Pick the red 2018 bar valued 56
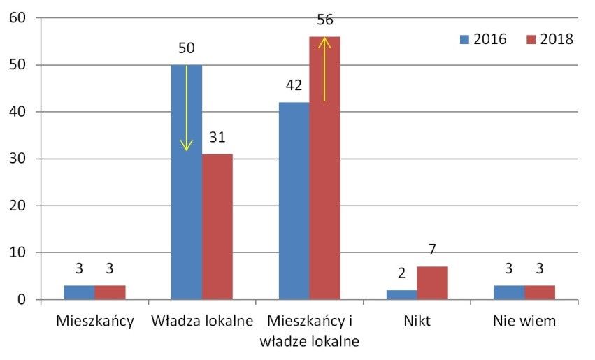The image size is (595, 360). click(x=325, y=168)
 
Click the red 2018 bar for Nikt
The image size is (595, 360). click(x=432, y=283)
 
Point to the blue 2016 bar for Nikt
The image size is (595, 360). click(x=401, y=295)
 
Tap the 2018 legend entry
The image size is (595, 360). click(x=550, y=39)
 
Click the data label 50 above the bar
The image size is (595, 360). click(x=187, y=49)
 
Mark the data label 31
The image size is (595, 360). click(x=217, y=138)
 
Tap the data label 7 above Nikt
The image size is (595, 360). click(x=432, y=250)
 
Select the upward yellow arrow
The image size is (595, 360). click(x=324, y=69)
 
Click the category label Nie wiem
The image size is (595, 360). click(x=524, y=322)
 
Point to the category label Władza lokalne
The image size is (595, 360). click(x=201, y=322)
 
